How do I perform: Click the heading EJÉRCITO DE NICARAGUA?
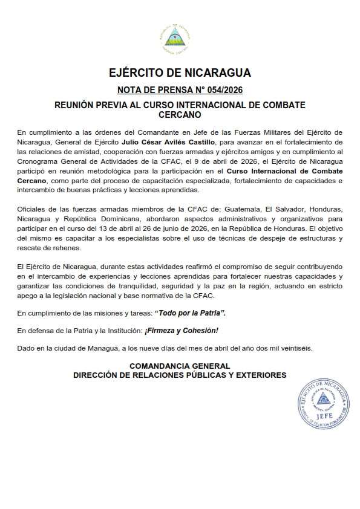(x=180, y=74)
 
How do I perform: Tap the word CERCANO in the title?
(x=180, y=114)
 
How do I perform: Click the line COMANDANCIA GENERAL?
(x=180, y=366)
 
